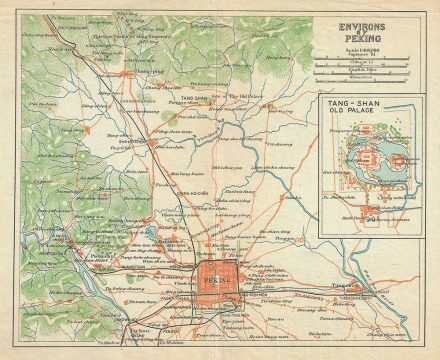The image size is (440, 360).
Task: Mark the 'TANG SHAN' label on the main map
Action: click(196, 99)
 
